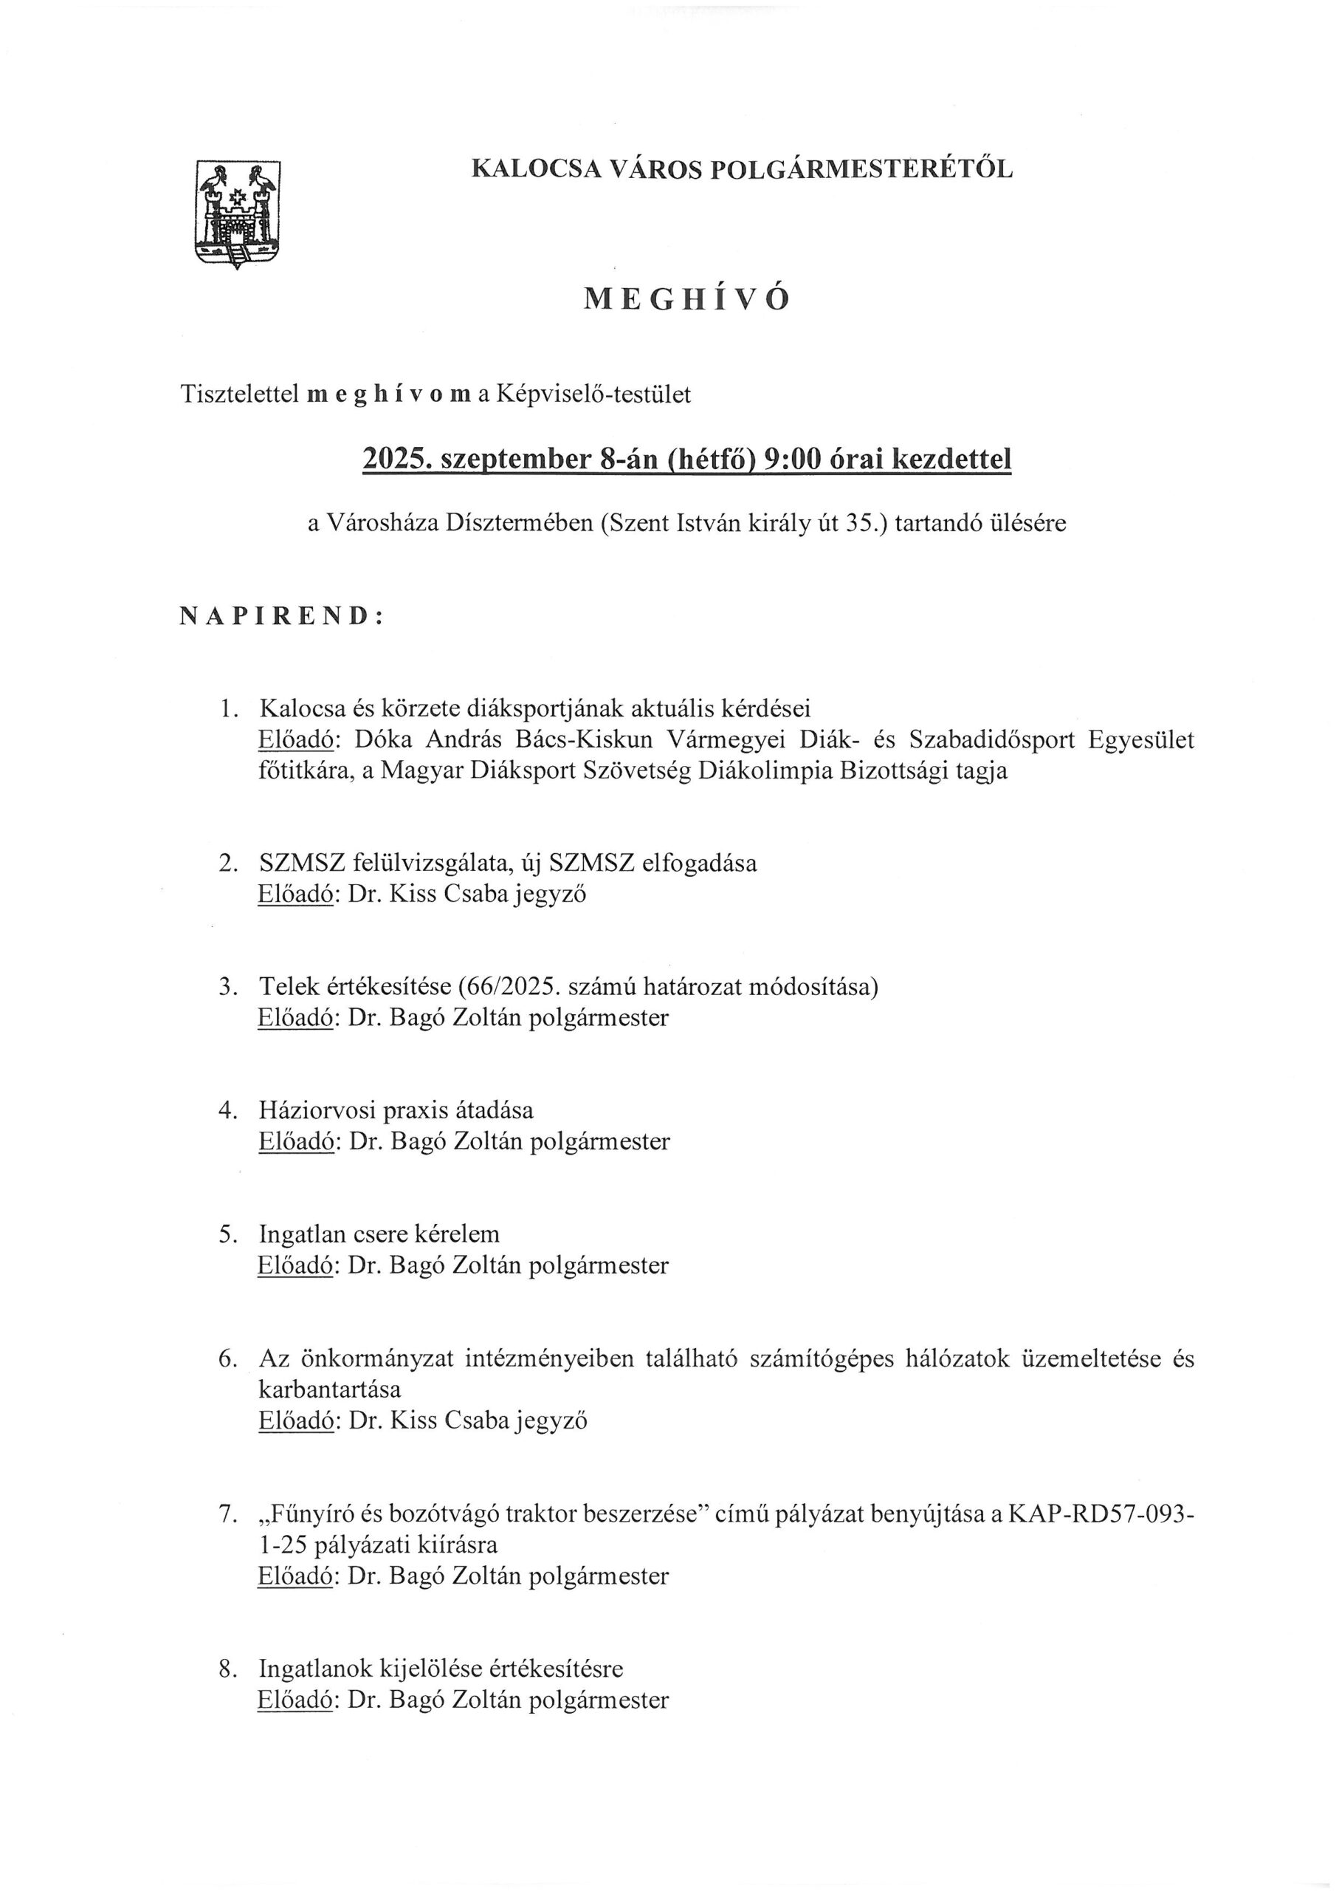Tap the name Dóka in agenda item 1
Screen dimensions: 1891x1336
pyautogui.click(x=382, y=739)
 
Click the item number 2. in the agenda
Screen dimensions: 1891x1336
pyautogui.click(x=229, y=864)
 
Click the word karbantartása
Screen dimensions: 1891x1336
pyautogui.click(x=329, y=1389)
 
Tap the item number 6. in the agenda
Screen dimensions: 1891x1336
pyautogui.click(x=229, y=1358)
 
